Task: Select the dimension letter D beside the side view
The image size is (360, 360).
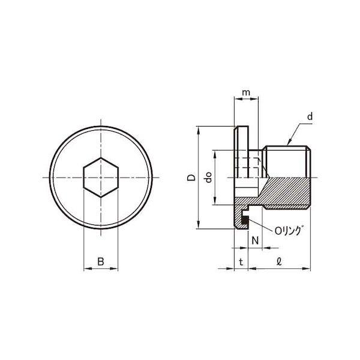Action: coord(190,178)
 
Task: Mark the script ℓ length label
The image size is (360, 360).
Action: coord(280,261)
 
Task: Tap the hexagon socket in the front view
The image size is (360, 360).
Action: coord(101,178)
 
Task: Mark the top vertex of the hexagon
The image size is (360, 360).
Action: coord(101,158)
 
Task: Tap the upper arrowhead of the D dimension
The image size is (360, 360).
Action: coord(197,129)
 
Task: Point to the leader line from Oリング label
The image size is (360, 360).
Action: coord(260,226)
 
